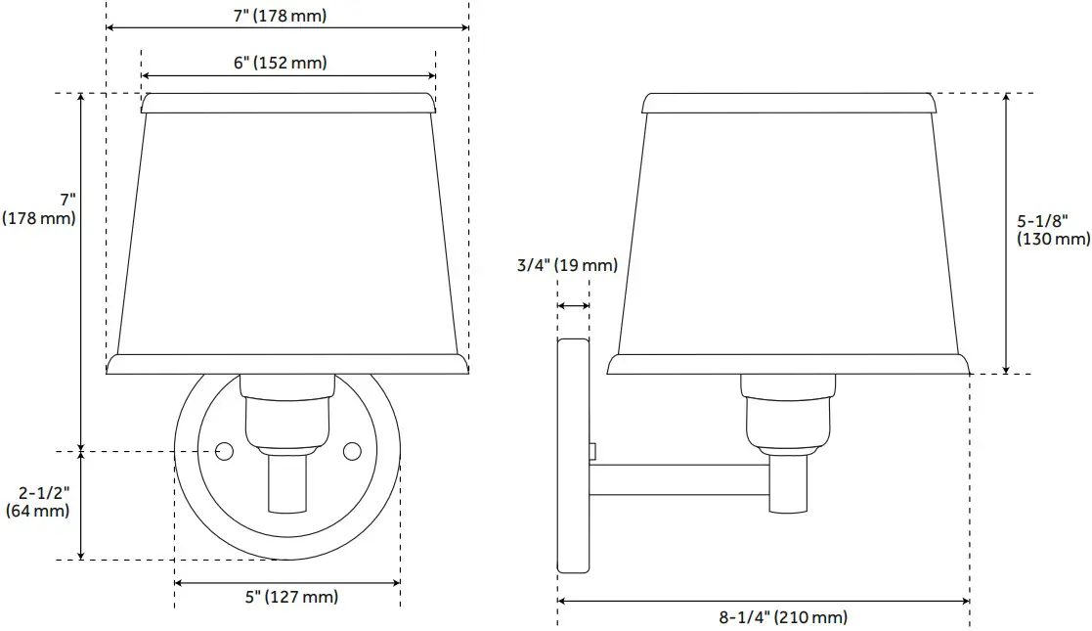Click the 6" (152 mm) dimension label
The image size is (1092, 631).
(280, 63)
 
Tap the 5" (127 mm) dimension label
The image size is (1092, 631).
(291, 597)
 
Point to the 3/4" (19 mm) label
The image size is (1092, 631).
(568, 265)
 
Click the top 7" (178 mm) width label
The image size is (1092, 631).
(280, 16)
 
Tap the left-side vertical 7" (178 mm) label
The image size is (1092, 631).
(39, 209)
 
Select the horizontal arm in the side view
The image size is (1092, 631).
(678, 479)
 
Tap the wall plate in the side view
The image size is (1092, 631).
(573, 455)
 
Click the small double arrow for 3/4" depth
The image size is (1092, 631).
(573, 306)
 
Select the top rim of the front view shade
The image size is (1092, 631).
(287, 103)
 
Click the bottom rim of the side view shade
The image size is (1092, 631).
(788, 364)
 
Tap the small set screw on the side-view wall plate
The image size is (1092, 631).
(593, 449)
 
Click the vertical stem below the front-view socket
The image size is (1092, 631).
(288, 483)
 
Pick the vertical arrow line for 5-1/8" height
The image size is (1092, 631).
(1007, 233)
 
